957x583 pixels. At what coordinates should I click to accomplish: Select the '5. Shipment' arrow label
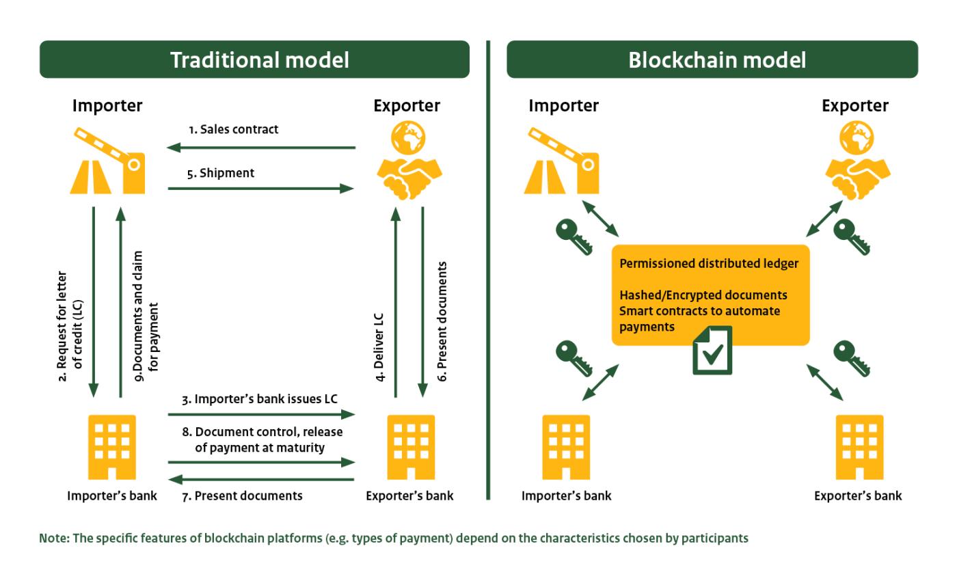(220, 173)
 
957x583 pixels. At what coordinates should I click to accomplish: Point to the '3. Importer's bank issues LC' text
(266, 398)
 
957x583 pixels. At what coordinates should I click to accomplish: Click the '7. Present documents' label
(248, 496)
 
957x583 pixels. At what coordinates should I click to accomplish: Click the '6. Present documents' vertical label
(441, 321)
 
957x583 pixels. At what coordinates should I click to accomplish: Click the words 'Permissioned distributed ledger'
(709, 264)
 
